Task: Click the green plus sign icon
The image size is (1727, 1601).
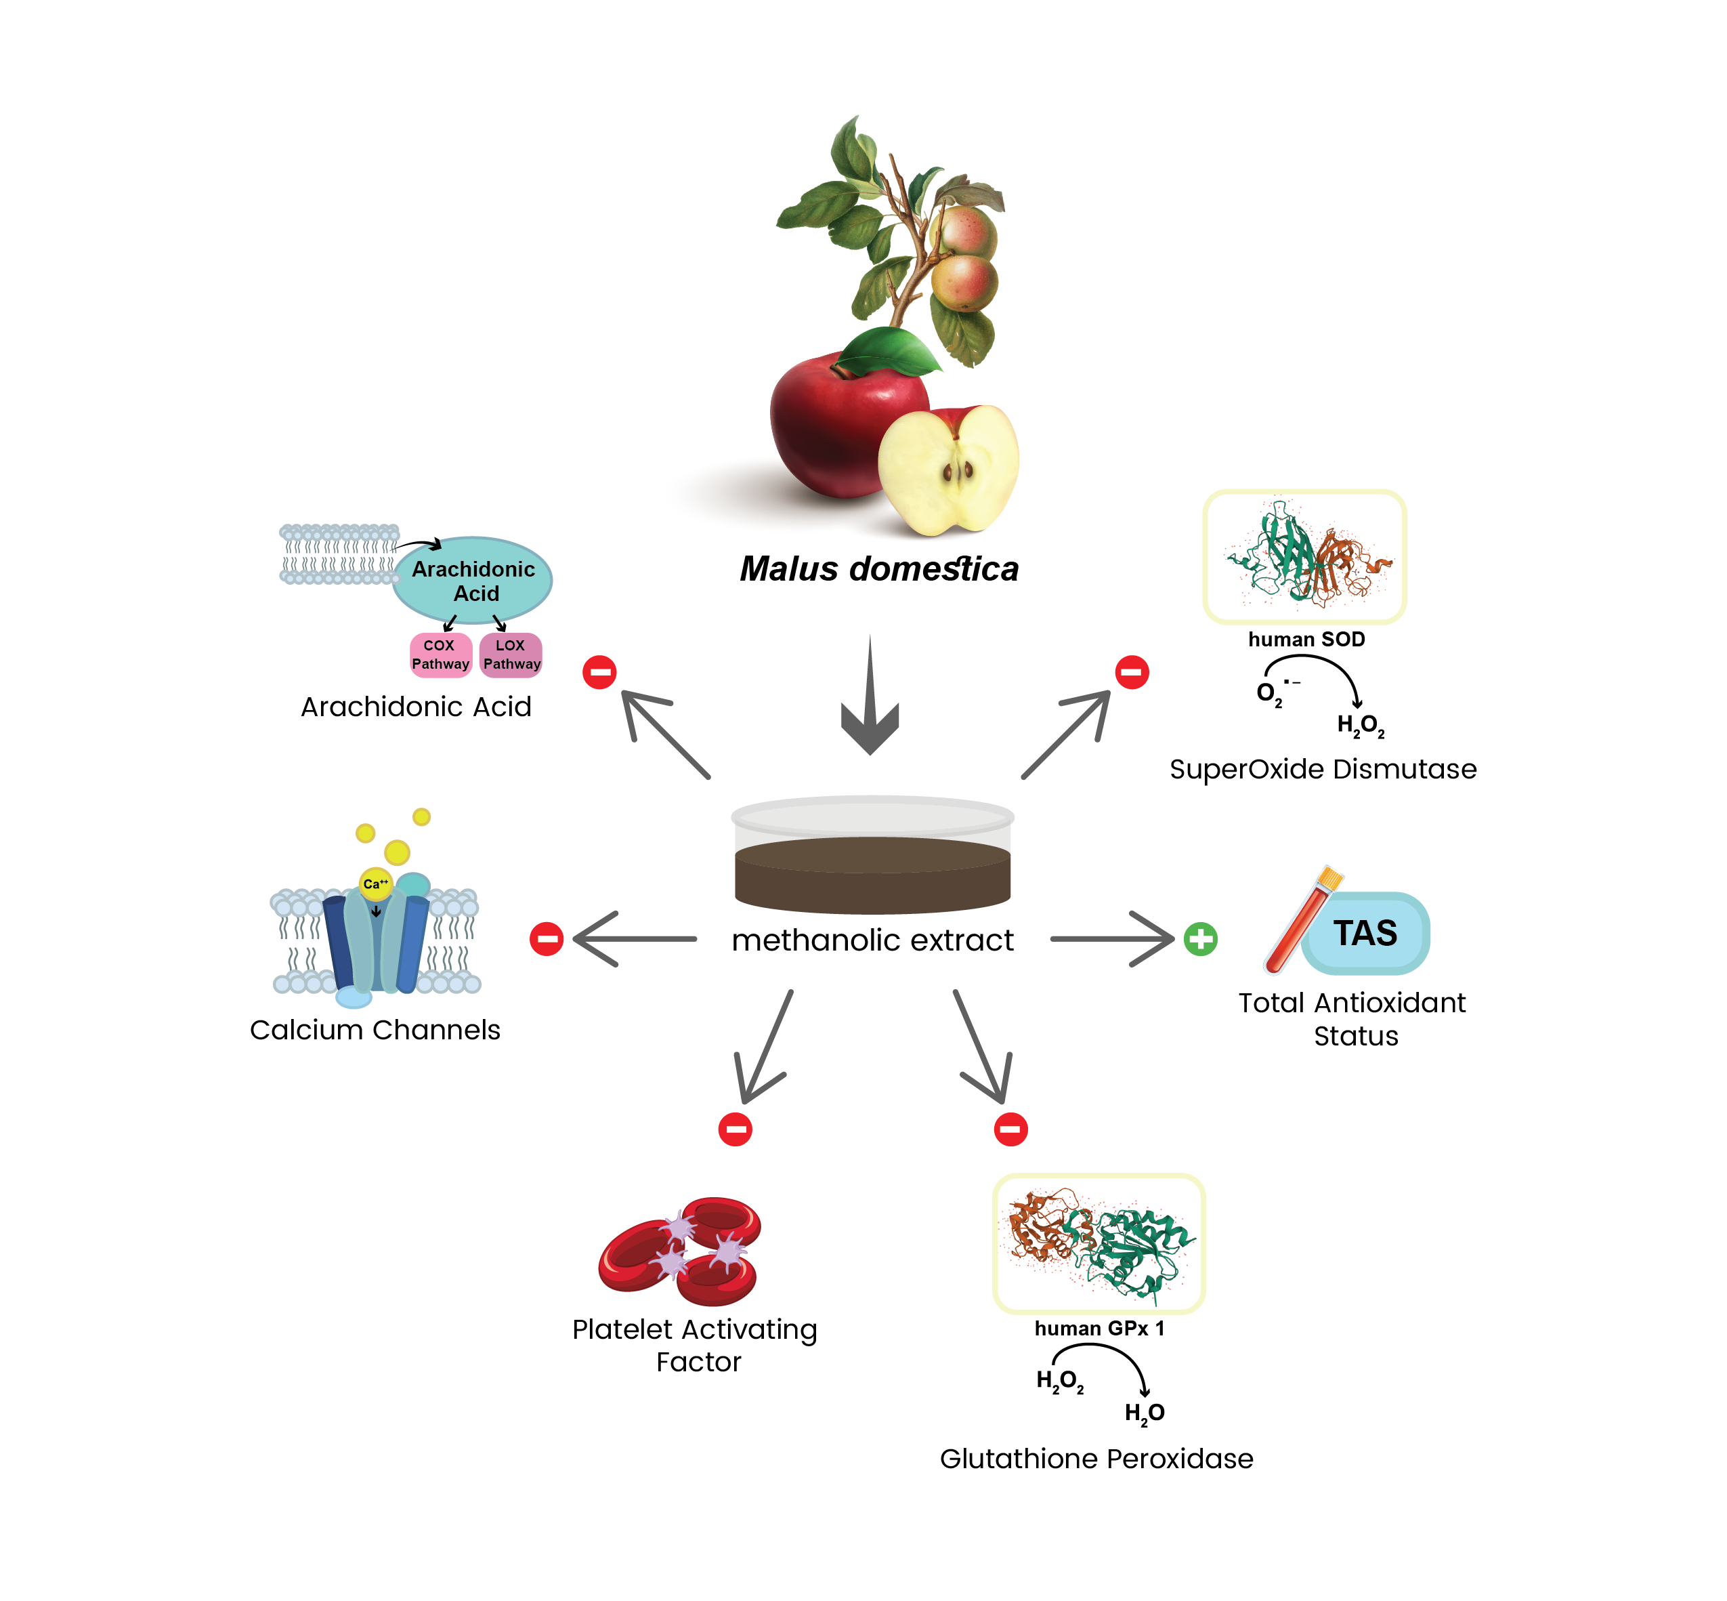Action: (1199, 938)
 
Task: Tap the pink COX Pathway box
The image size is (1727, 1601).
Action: (440, 654)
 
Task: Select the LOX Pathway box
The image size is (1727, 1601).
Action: (510, 654)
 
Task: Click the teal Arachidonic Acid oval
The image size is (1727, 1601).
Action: (472, 581)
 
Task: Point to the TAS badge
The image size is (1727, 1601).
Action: (1365, 933)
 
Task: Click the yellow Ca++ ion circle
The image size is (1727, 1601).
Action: (375, 883)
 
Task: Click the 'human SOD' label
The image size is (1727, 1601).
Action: (1305, 640)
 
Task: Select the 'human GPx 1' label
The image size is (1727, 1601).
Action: (1099, 1328)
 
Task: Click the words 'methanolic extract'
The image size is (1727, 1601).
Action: (872, 940)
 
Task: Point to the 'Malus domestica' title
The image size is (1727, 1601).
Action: (878, 569)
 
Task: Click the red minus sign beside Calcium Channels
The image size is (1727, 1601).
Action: (546, 938)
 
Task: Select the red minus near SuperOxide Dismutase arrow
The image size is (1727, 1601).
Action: (1131, 671)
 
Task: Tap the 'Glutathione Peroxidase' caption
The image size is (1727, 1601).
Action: (1096, 1459)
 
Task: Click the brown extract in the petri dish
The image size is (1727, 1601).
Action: (872, 875)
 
